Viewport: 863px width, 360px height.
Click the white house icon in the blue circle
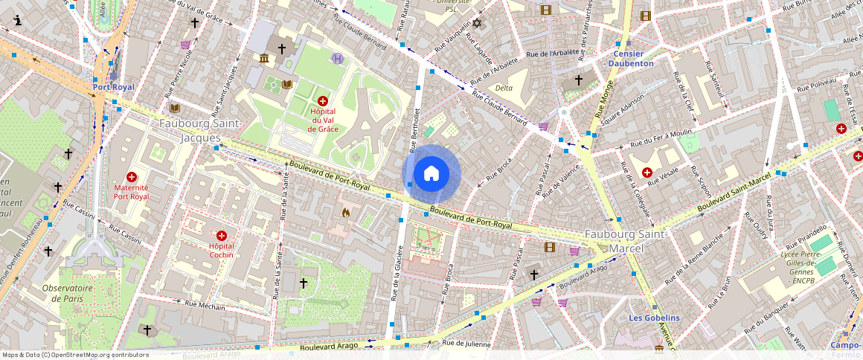[x=431, y=174]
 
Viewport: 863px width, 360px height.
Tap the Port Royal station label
[x=114, y=87]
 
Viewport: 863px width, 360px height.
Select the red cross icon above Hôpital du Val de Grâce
[x=323, y=100]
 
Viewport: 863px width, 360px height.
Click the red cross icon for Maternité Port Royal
[x=132, y=177]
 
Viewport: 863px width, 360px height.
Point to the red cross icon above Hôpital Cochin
[x=221, y=235]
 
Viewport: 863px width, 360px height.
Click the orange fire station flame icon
[x=346, y=213]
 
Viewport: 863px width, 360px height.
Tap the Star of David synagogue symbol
[x=477, y=24]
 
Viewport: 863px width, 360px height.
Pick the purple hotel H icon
[x=338, y=58]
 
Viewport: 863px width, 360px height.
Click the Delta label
[x=504, y=88]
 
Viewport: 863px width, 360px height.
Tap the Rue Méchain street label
[x=205, y=305]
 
